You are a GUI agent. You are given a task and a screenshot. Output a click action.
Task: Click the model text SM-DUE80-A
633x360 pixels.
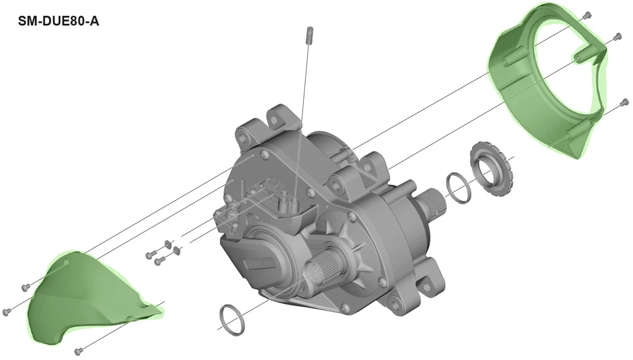pos(58,21)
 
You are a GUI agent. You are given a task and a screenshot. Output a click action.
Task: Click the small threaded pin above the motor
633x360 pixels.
pos(310,36)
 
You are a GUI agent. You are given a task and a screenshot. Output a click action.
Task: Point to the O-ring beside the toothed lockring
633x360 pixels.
pos(458,188)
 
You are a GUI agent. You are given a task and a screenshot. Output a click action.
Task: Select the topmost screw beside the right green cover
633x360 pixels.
pos(587,15)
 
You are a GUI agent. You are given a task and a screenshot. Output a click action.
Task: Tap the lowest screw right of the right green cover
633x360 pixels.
pos(625,102)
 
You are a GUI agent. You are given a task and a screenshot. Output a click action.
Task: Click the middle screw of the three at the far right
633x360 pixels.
pos(617,37)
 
